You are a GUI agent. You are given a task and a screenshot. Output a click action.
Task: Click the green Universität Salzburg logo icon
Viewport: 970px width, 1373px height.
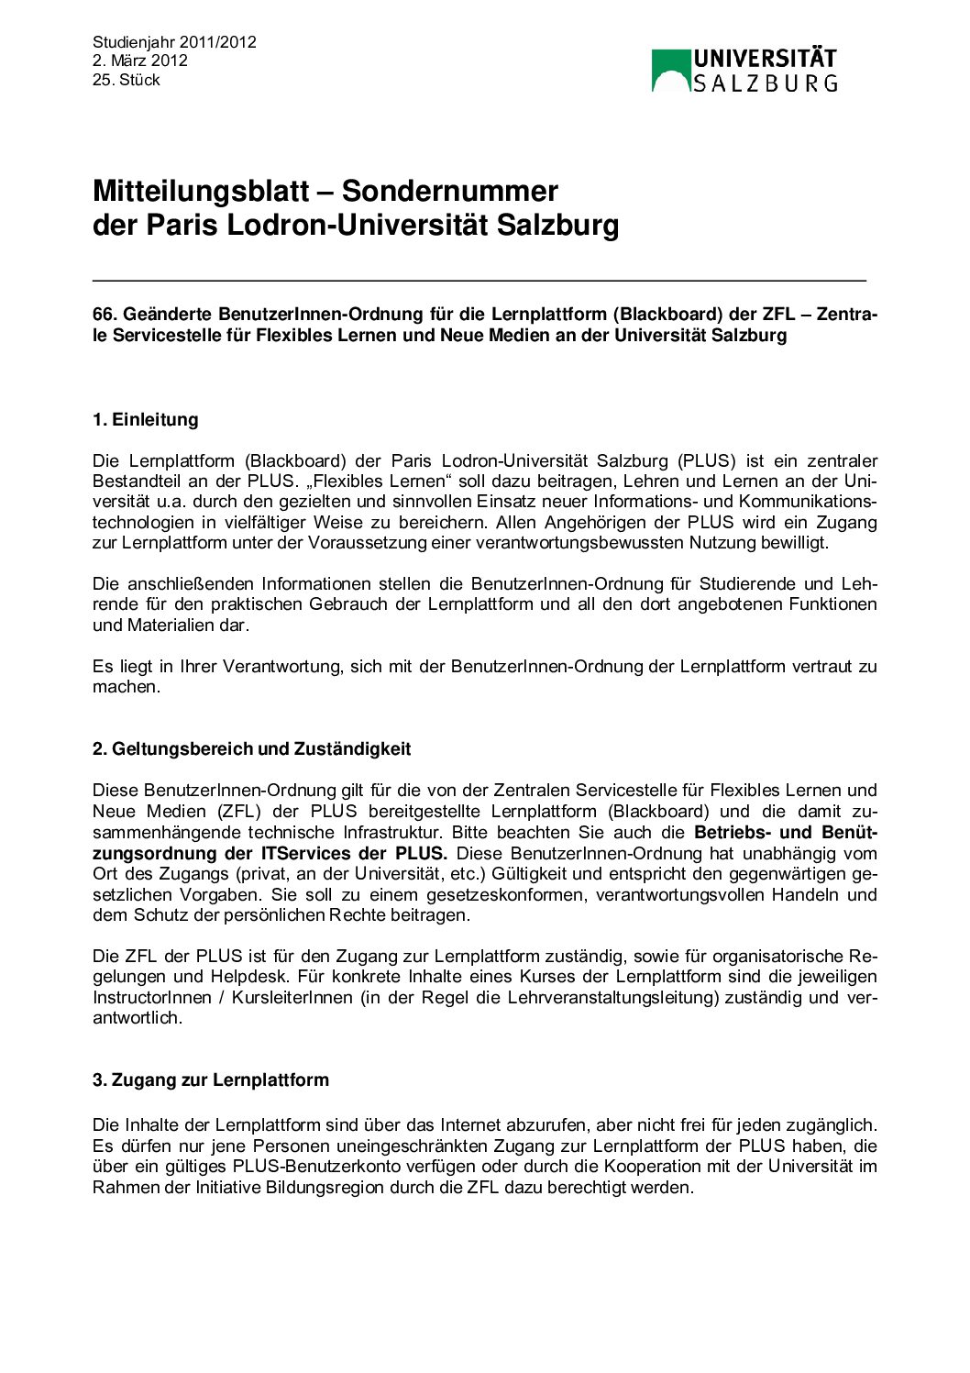[x=670, y=71]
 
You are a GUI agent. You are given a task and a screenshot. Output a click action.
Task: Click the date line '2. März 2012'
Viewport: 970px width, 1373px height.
[x=139, y=61]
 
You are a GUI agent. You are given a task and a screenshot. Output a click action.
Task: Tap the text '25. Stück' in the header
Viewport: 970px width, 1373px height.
[x=126, y=80]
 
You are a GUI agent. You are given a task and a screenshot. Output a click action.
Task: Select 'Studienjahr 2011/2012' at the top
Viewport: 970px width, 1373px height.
[x=174, y=42]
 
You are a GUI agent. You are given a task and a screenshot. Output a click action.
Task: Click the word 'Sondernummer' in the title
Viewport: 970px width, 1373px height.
[x=449, y=191]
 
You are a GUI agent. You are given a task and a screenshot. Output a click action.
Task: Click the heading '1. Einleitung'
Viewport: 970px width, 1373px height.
[x=145, y=420]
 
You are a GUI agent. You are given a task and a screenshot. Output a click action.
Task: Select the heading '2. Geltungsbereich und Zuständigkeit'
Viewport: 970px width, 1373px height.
[x=251, y=749]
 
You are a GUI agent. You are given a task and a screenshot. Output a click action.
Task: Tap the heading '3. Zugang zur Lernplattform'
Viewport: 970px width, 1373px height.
[x=210, y=1080]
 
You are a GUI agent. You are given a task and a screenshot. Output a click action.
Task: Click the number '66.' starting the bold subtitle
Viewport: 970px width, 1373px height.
[x=105, y=315]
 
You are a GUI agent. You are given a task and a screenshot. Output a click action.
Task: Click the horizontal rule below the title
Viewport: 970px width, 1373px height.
[x=479, y=279]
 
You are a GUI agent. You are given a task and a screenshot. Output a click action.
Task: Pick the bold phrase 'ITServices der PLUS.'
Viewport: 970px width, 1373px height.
[x=355, y=853]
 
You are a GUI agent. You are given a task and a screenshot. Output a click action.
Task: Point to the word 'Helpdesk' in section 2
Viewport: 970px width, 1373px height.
[x=243, y=977]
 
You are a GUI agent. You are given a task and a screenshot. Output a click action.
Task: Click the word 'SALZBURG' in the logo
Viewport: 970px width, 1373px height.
[x=765, y=83]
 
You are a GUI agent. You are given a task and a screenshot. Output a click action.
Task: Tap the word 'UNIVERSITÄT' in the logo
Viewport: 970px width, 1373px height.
[x=765, y=59]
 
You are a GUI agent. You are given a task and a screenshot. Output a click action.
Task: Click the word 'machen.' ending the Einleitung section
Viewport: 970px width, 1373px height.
[x=127, y=687]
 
